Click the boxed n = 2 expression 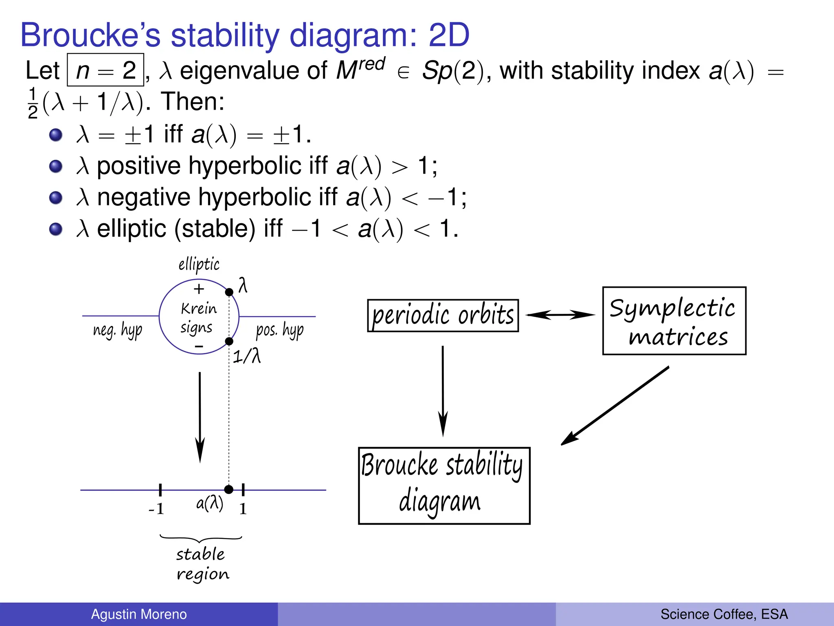tap(105, 70)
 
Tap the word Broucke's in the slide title tap(90, 35)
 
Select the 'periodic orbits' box tap(443, 315)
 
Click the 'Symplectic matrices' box tap(674, 321)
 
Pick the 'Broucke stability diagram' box tap(444, 485)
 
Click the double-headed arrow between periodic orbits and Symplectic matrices tap(560, 315)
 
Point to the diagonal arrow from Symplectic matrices tap(615, 406)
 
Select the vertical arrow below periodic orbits tap(443, 391)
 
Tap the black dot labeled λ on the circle tap(229, 292)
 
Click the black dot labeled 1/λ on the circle tap(229, 341)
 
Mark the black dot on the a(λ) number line tap(229, 489)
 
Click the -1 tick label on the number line tap(156, 509)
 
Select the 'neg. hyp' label tap(118, 330)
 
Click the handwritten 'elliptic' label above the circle tap(199, 265)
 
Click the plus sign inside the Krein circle tap(199, 289)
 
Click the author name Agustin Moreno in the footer tap(138, 614)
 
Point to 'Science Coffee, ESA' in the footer tap(724, 614)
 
